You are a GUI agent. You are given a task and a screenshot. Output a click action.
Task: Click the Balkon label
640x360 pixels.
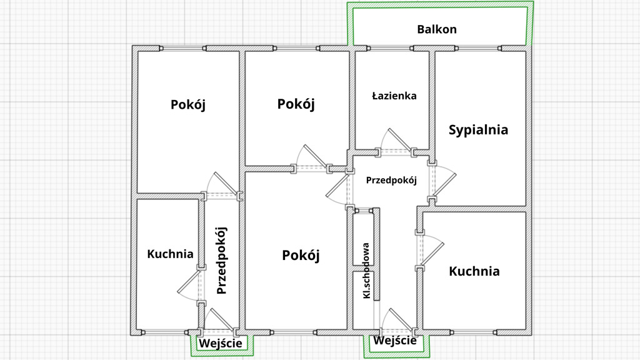437,29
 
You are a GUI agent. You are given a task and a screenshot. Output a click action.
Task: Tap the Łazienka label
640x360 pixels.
394,96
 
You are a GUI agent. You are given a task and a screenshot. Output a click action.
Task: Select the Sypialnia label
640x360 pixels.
478,130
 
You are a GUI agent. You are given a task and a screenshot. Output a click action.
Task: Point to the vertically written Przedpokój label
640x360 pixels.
221,260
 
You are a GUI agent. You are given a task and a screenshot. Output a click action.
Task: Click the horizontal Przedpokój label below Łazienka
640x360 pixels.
391,180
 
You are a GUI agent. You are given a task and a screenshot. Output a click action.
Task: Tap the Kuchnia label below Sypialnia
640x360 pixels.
474,271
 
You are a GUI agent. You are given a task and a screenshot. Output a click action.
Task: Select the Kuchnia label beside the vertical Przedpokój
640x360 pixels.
170,254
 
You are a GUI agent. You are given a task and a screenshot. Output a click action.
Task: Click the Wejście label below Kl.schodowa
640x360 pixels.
395,341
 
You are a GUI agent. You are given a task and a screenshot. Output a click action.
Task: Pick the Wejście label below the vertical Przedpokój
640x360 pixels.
220,343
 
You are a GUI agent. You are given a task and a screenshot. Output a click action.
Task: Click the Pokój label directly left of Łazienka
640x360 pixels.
296,104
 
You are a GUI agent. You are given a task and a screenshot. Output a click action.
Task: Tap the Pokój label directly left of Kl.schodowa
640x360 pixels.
301,255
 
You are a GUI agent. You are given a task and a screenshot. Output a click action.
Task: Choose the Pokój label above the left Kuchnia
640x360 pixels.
187,104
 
